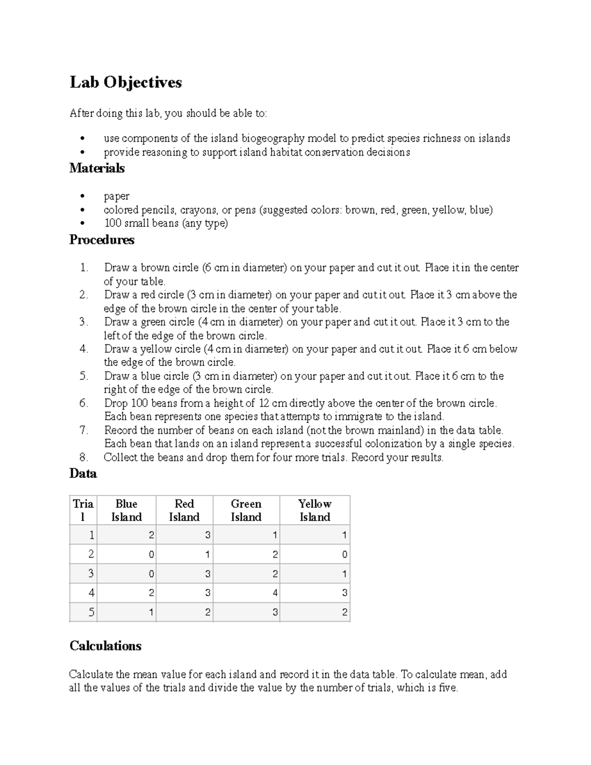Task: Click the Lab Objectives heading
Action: click(x=126, y=82)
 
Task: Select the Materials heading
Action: click(x=97, y=168)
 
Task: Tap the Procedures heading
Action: click(x=102, y=240)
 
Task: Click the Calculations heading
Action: click(x=105, y=646)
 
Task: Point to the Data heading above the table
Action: click(x=83, y=474)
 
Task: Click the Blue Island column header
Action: click(x=127, y=510)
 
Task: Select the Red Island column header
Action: click(x=184, y=510)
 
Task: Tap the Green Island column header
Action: click(x=246, y=510)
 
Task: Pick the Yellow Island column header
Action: click(x=315, y=510)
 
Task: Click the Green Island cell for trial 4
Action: click(x=275, y=593)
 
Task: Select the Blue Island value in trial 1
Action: click(x=151, y=535)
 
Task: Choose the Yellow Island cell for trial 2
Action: click(x=344, y=555)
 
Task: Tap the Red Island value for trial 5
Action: click(x=208, y=613)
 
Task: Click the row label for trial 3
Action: click(x=91, y=574)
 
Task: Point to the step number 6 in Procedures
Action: click(x=84, y=403)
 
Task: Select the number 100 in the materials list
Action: click(x=112, y=224)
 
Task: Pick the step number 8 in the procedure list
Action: click(x=84, y=458)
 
